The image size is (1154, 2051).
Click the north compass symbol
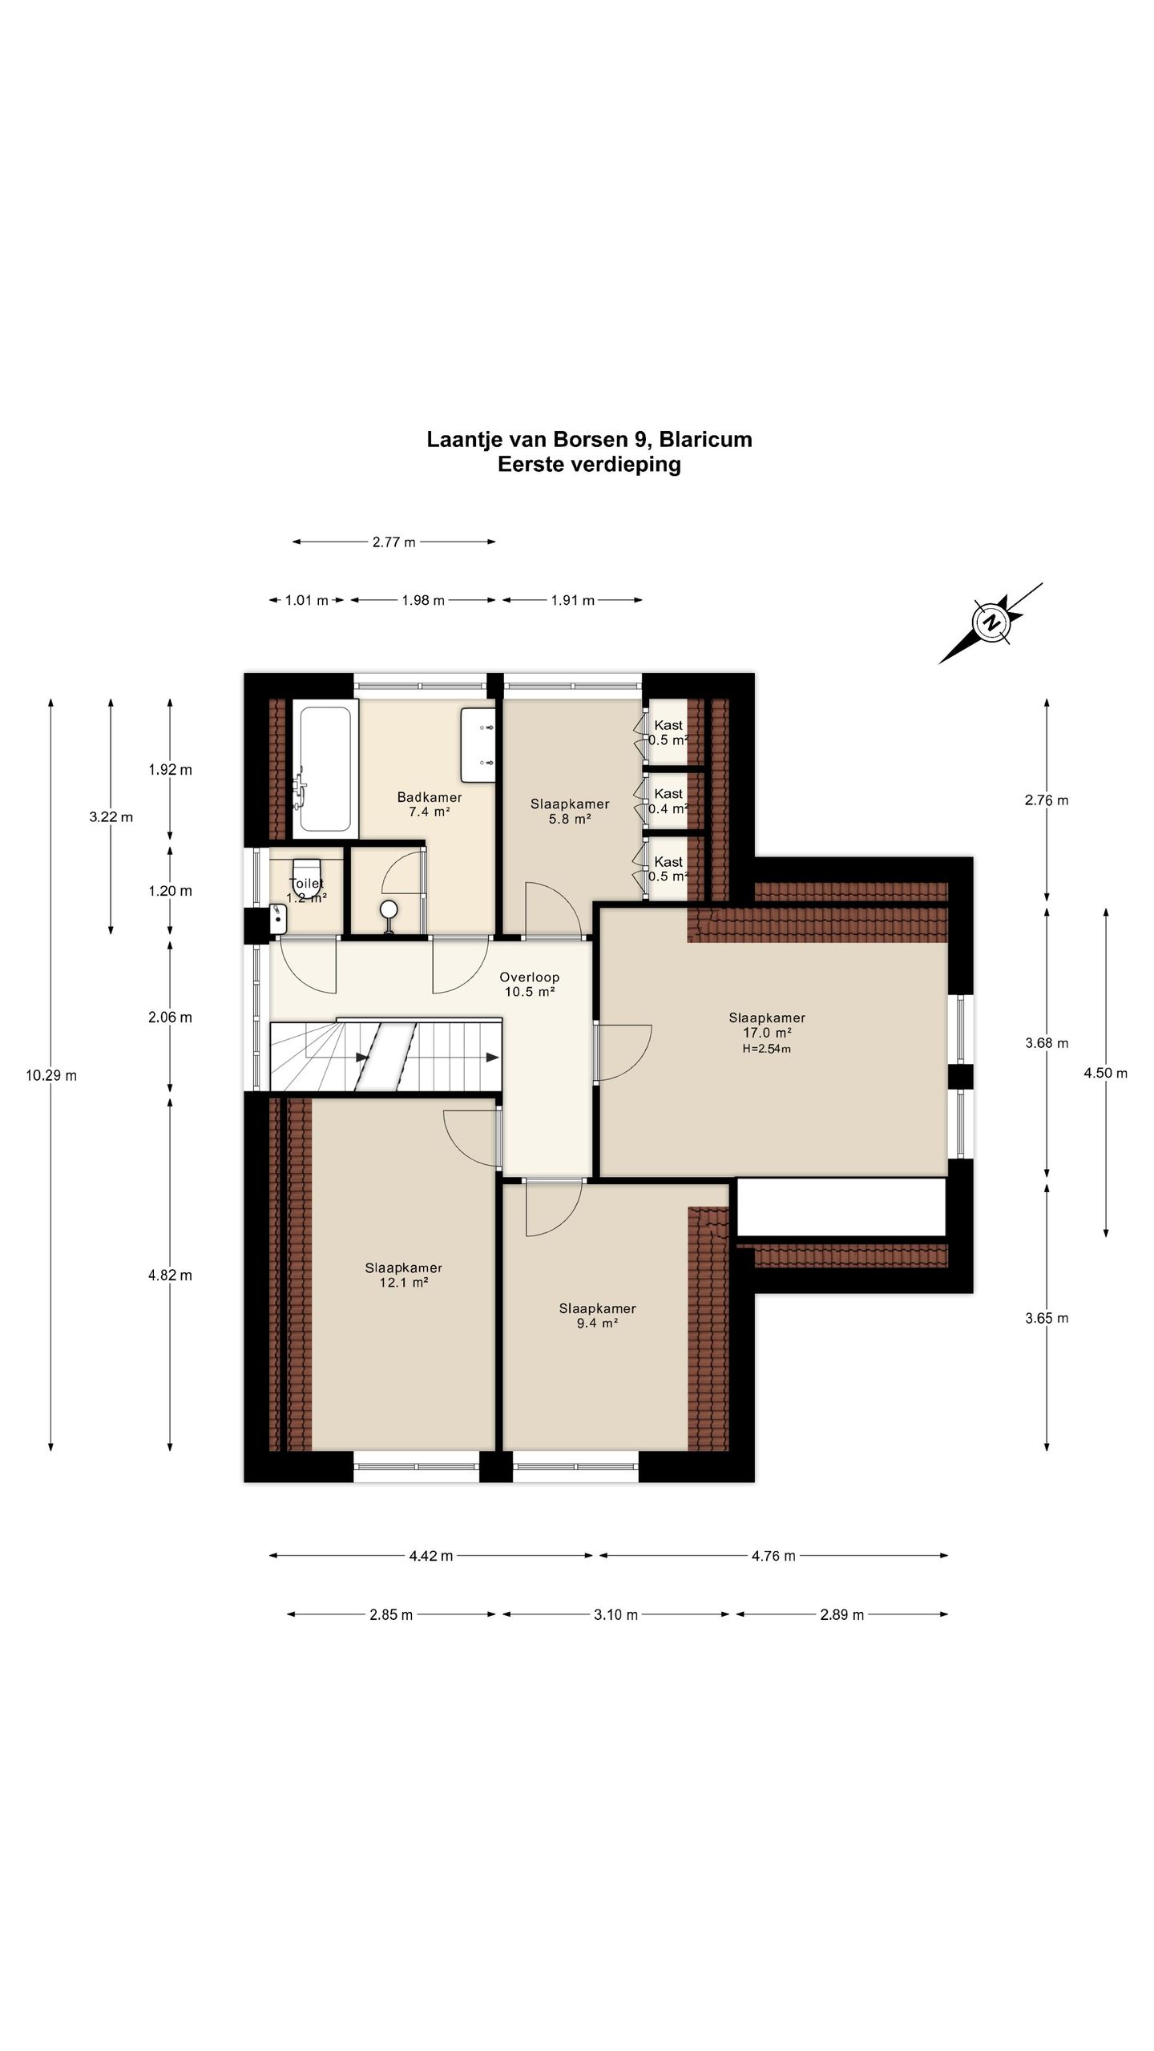pyautogui.click(x=992, y=623)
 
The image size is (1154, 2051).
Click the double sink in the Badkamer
pyautogui.click(x=479, y=744)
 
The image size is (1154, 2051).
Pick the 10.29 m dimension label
pyautogui.click(x=51, y=1075)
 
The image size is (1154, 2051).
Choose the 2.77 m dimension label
pyautogui.click(x=393, y=542)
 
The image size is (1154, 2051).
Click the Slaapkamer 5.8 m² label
pyautogui.click(x=570, y=812)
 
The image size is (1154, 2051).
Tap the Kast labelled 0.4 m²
pyautogui.click(x=668, y=801)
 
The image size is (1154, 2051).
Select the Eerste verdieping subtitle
pyautogui.click(x=589, y=465)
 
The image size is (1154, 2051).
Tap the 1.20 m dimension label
pyautogui.click(x=170, y=891)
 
